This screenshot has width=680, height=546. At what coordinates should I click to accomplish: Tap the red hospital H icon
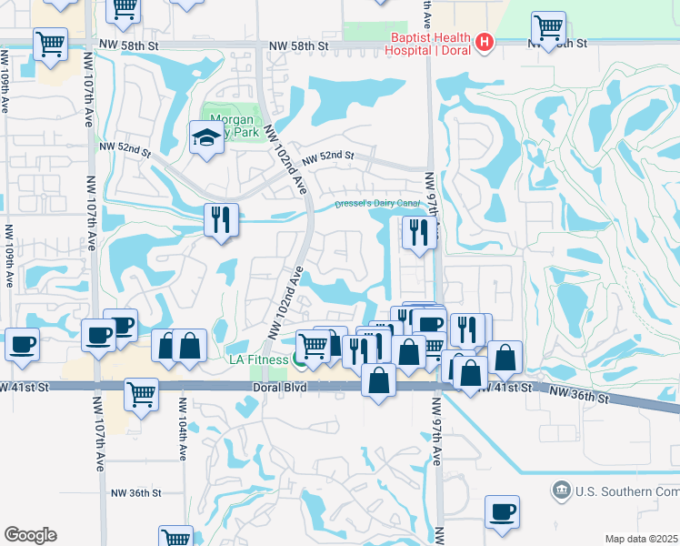pos(485,42)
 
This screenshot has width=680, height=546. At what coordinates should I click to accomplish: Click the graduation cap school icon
pos(206,137)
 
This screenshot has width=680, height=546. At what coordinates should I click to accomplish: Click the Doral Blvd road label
pos(277,388)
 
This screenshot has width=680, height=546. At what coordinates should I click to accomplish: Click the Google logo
pos(30,535)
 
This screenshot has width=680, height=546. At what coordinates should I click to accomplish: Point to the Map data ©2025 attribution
pos(641,539)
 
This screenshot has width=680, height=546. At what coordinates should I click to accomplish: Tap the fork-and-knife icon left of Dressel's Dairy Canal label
pos(221,218)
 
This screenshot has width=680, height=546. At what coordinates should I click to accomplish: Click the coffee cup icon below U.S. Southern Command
pos(502,511)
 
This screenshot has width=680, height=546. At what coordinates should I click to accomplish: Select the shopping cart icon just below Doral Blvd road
pos(142,394)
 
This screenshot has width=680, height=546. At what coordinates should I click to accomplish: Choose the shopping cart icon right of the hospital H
pos(548,28)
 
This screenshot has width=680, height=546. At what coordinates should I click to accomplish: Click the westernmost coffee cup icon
pos(22,345)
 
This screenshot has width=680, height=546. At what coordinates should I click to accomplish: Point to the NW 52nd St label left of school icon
pos(124,147)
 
